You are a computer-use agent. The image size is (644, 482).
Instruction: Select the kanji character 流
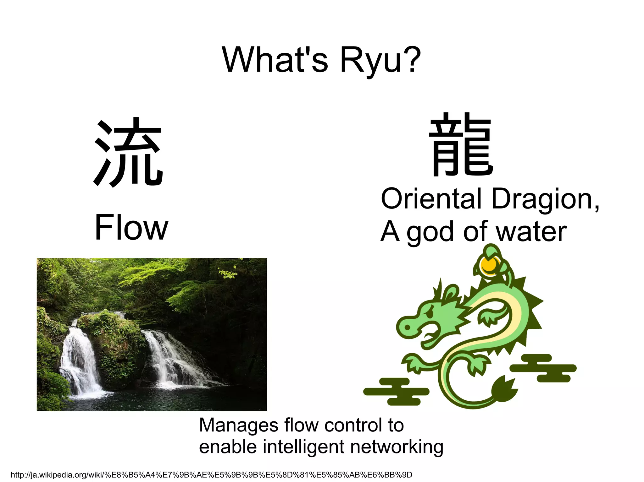tap(128, 152)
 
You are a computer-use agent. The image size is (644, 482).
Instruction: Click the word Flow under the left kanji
tap(131, 227)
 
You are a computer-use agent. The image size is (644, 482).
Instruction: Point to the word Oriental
tap(431, 199)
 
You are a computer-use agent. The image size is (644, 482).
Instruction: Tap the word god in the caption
tap(431, 232)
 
